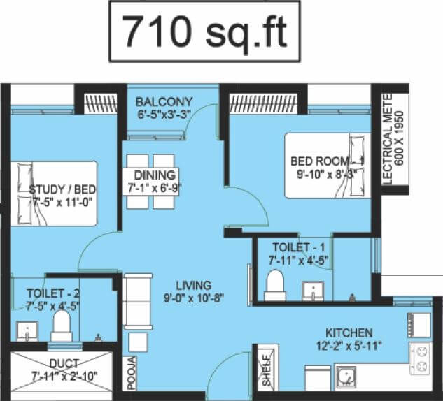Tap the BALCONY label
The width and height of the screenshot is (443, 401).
coord(164,101)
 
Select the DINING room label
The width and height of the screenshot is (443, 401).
coord(151,175)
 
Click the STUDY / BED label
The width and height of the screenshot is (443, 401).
coord(62,190)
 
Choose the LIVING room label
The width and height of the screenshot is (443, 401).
coord(193,286)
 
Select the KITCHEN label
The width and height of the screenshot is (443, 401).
coord(349,333)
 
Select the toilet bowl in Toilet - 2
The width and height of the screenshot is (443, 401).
coord(62,326)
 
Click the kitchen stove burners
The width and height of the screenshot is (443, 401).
coord(422,358)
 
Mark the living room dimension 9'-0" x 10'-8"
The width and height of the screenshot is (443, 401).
coord(194,299)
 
